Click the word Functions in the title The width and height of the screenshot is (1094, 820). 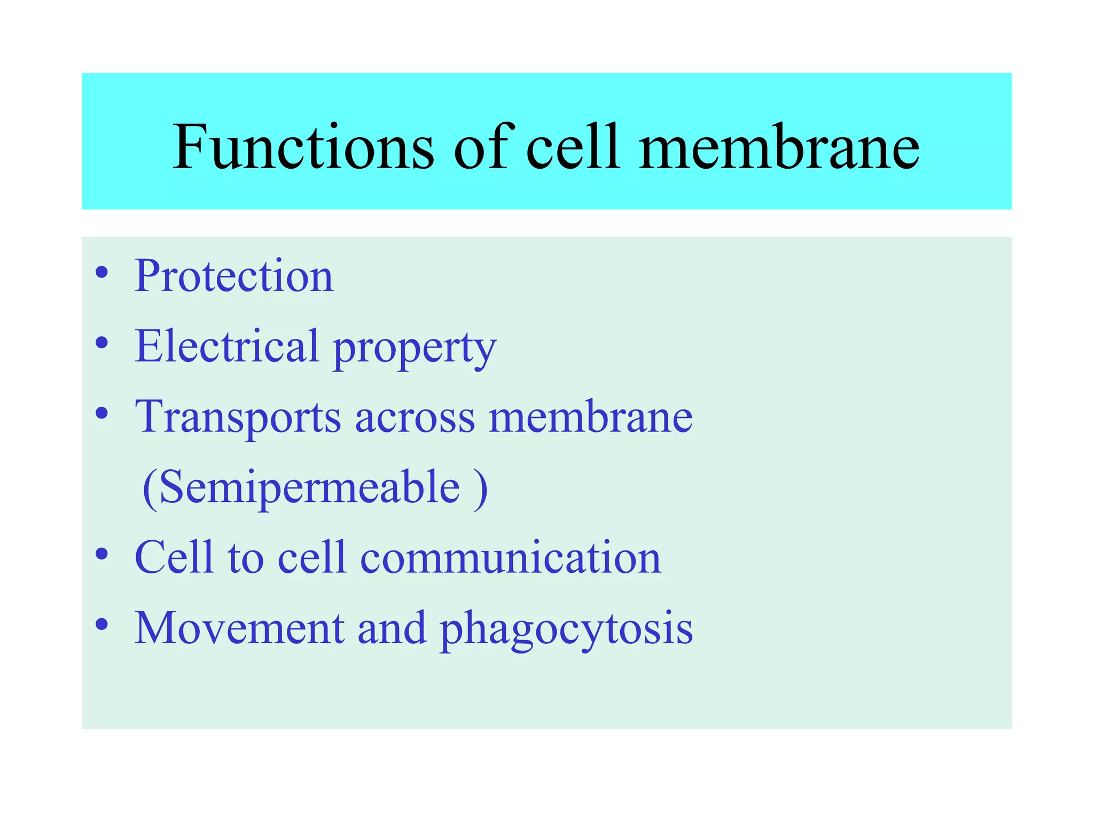point(303,146)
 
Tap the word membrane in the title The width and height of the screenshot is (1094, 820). point(779,146)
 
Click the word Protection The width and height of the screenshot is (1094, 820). point(234,276)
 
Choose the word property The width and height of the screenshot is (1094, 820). point(415,350)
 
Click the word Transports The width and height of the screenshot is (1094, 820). point(238,417)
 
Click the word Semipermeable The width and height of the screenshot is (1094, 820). point(309,487)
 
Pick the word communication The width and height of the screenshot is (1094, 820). point(511,557)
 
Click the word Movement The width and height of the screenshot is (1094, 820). point(239,628)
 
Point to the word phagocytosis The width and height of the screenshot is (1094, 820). point(566,630)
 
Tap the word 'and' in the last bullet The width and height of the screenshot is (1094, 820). point(392,628)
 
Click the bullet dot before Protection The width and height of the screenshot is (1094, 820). point(101,273)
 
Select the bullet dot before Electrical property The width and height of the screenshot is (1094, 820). point(101,343)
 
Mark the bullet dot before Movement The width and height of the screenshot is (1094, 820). point(101,624)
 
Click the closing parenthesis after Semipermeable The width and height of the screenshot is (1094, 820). point(480,488)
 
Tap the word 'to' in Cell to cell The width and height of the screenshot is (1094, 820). point(246,557)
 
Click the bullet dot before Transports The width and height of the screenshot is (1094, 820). point(101,413)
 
